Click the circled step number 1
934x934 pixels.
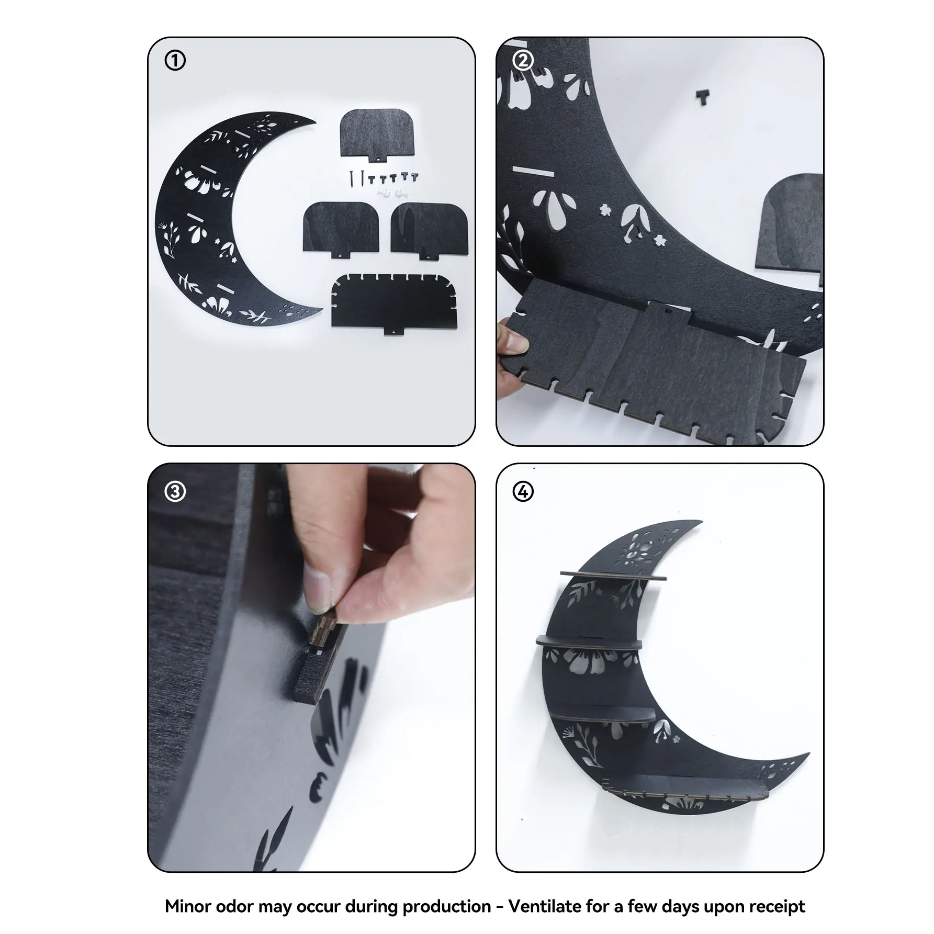(175, 61)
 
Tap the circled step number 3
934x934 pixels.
(175, 492)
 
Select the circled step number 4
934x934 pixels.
(523, 492)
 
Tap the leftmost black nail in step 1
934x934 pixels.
(352, 178)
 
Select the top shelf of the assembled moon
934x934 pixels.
(613, 576)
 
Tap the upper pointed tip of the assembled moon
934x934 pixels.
(700, 522)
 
